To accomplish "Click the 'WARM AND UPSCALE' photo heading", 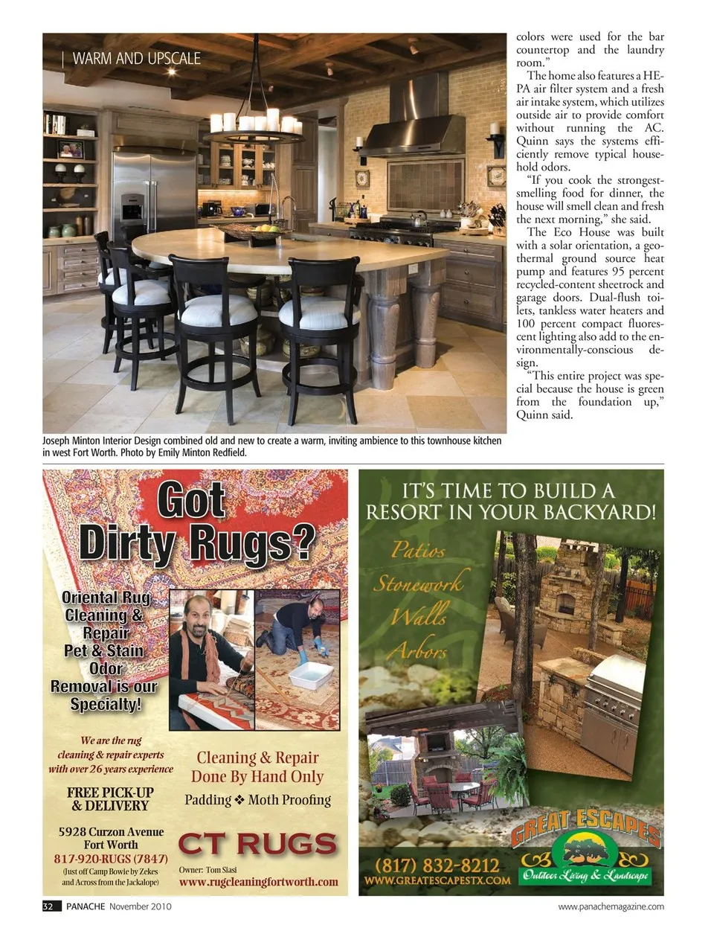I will (x=136, y=59).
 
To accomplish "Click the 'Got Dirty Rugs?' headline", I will (x=196, y=522).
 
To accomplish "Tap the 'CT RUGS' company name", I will (x=257, y=845).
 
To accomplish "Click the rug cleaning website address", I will (x=258, y=882).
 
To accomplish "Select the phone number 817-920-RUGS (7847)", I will (x=110, y=858).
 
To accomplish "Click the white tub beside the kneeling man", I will (x=310, y=676).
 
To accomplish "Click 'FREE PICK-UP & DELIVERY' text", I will (x=110, y=799).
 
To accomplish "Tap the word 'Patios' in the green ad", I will (x=418, y=551).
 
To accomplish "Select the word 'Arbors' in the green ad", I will (x=419, y=651).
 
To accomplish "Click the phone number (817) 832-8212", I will (x=437, y=865).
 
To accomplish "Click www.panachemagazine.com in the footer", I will (x=611, y=906).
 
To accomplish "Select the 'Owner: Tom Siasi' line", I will (x=208, y=869).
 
